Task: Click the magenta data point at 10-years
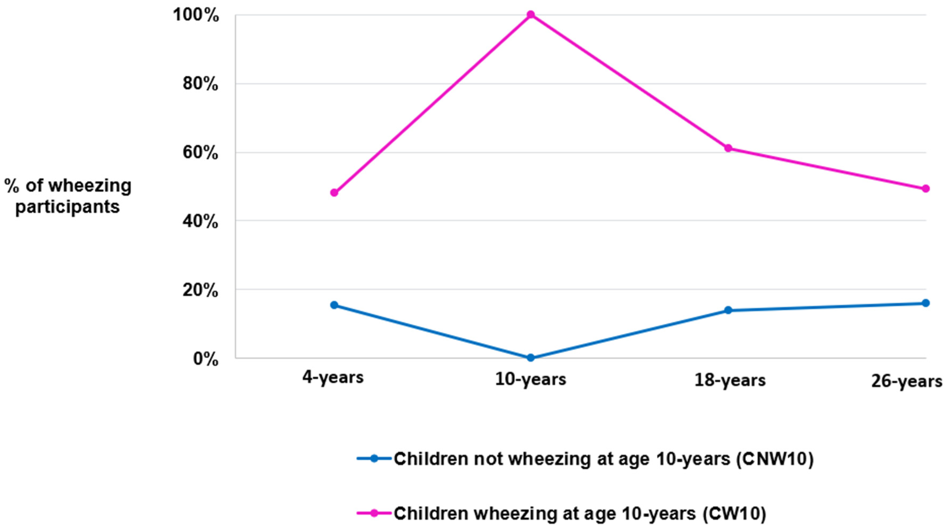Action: pyautogui.click(x=531, y=15)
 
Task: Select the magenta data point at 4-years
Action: pyautogui.click(x=334, y=192)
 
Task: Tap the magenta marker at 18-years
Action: pyautogui.click(x=728, y=148)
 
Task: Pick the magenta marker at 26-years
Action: pyautogui.click(x=926, y=188)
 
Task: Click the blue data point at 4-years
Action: pyautogui.click(x=334, y=305)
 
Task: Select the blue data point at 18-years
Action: pyautogui.click(x=728, y=310)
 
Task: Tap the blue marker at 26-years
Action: pyautogui.click(x=926, y=303)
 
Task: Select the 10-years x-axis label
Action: pyautogui.click(x=531, y=379)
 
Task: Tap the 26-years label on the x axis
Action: pyautogui.click(x=906, y=382)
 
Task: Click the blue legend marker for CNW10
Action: pyautogui.click(x=374, y=458)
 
